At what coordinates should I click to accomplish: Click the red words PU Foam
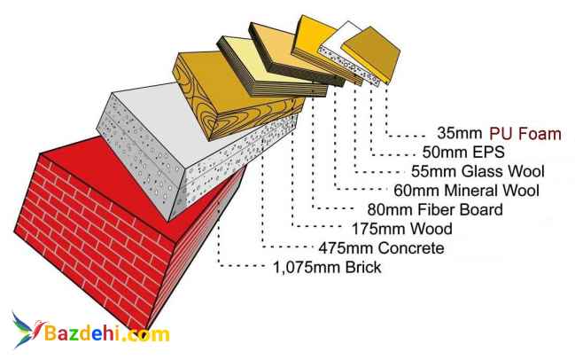525,134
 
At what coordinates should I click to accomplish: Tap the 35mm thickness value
460,133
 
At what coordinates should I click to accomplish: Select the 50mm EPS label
463,152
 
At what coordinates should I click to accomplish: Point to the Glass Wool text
502,171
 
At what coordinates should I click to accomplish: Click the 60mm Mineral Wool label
466,191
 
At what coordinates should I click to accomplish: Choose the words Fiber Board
460,209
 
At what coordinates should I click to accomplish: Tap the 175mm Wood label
402,229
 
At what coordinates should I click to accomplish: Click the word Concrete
411,248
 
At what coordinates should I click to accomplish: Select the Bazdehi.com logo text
107,333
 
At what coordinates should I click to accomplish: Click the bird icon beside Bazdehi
27,328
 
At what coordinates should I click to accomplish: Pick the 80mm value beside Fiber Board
391,209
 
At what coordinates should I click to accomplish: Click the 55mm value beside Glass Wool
434,171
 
